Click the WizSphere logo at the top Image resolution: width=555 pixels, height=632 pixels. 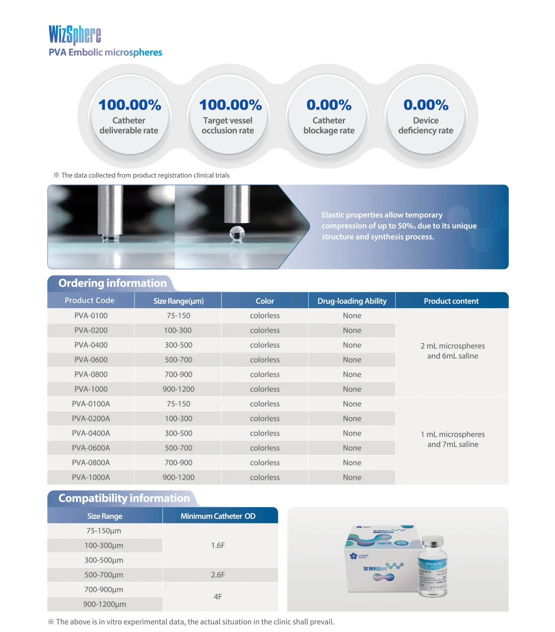pyautogui.click(x=75, y=35)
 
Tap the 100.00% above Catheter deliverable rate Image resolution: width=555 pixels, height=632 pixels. pyautogui.click(x=130, y=105)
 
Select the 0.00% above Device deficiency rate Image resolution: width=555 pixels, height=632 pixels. pyautogui.click(x=426, y=105)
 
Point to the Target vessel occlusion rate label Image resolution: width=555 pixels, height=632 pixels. pyautogui.click(x=228, y=125)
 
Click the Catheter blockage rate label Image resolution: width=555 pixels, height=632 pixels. pyautogui.click(x=329, y=125)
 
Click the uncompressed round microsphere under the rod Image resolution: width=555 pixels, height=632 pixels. pyautogui.click(x=237, y=234)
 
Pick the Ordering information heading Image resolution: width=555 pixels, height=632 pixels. pyautogui.click(x=112, y=283)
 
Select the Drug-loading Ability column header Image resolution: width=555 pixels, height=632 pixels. pyautogui.click(x=352, y=301)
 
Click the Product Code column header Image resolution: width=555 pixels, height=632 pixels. pyautogui.click(x=89, y=300)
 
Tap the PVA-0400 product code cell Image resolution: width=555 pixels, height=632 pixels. pyautogui.click(x=91, y=345)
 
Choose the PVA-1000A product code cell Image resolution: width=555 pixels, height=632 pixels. pyautogui.click(x=91, y=477)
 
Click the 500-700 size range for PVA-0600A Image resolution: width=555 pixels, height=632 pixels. pyautogui.click(x=178, y=448)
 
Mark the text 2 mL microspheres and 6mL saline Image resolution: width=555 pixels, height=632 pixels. pyautogui.click(x=453, y=351)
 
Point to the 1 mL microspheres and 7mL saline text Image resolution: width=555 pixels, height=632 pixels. pyautogui.click(x=453, y=439)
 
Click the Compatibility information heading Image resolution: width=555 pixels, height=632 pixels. pyautogui.click(x=124, y=498)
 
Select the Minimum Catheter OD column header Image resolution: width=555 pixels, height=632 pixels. pyautogui.click(x=218, y=516)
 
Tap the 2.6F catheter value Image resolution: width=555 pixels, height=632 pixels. pyautogui.click(x=218, y=575)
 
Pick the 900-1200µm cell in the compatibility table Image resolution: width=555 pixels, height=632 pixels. pyautogui.click(x=104, y=604)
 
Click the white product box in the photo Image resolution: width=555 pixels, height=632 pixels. pyautogui.click(x=380, y=559)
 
